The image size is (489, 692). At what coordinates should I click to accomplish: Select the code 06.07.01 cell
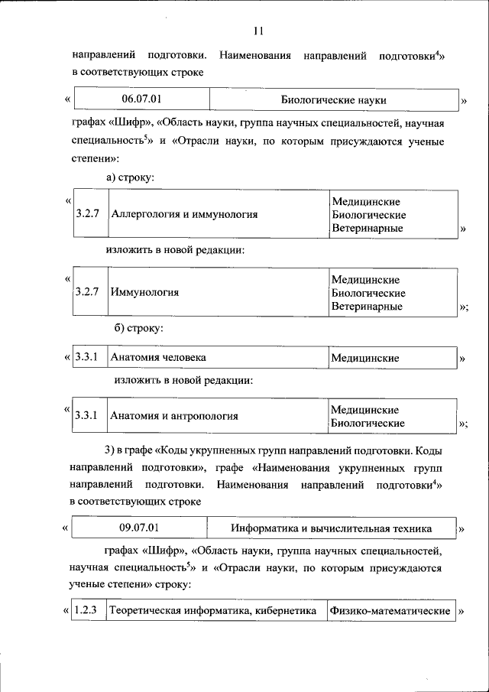coord(142,100)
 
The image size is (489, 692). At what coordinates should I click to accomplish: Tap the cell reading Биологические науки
coord(334,100)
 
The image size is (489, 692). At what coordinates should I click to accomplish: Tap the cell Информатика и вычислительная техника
coord(331,528)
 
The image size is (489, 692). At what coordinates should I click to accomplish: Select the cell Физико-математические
coord(390,611)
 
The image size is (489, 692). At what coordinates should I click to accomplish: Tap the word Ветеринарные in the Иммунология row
coord(367,307)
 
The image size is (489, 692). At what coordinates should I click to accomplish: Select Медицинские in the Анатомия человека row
coord(365,358)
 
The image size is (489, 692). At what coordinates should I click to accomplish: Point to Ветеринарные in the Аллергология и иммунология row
coord(367,228)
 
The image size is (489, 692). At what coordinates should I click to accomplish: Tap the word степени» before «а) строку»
coord(96,159)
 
